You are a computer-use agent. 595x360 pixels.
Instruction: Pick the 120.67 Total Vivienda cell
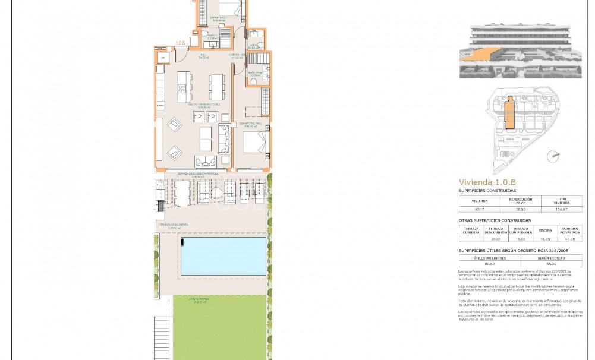click(x=561, y=209)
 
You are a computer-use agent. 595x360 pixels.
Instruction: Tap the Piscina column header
click(x=545, y=230)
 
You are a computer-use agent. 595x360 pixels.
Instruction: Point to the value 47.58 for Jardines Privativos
click(x=570, y=239)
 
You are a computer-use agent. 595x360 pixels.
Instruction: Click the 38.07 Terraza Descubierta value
click(x=496, y=239)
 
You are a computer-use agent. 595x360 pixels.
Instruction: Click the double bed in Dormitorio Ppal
click(x=255, y=143)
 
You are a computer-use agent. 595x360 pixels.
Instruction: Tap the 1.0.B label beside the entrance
click(x=180, y=43)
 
